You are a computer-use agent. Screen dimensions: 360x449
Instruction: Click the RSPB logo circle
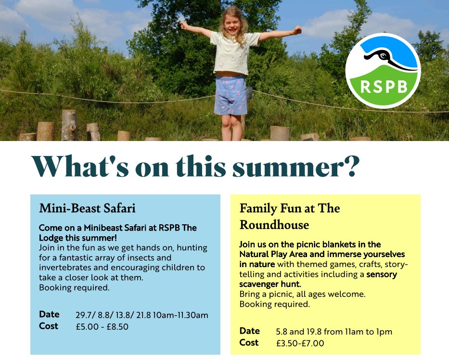tap(383, 70)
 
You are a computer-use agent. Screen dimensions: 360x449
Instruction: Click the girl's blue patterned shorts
tap(231, 95)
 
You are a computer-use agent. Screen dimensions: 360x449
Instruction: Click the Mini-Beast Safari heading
tap(87, 208)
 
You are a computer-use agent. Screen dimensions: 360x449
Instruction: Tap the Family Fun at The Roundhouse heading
tap(289, 217)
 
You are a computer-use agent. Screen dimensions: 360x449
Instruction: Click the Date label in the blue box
tap(49, 314)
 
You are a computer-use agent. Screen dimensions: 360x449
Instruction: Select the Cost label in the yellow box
tap(249, 343)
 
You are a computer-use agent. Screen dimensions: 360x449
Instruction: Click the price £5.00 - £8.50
tap(102, 326)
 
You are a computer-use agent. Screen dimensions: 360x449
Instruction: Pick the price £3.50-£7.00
tap(300, 343)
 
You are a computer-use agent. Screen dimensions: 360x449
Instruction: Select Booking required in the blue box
tap(74, 288)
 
